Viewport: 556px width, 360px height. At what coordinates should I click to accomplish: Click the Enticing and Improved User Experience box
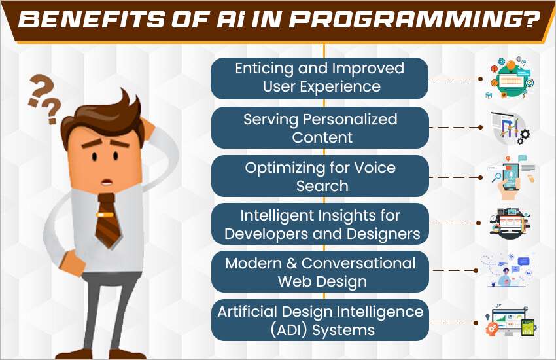pyautogui.click(x=319, y=79)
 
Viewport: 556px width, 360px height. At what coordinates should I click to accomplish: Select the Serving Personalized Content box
pyautogui.click(x=320, y=128)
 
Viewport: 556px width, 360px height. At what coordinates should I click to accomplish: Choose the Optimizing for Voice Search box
pyautogui.click(x=320, y=176)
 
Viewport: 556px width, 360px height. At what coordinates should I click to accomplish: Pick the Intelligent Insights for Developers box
pyautogui.click(x=320, y=224)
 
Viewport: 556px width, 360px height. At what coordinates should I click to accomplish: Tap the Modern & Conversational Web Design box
pyautogui.click(x=320, y=272)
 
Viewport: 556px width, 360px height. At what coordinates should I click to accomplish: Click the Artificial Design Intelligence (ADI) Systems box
pyautogui.click(x=320, y=320)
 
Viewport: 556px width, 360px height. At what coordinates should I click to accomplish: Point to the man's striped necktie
pyautogui.click(x=107, y=221)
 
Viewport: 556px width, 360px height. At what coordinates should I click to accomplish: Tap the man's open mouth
pyautogui.click(x=107, y=183)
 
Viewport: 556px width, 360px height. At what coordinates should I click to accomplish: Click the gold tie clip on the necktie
pyautogui.click(x=105, y=215)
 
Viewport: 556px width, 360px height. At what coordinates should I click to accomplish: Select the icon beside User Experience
pyautogui.click(x=510, y=78)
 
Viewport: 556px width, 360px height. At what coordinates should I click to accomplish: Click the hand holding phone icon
pyautogui.click(x=511, y=177)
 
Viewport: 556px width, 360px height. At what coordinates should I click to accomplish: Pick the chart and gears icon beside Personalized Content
pyautogui.click(x=510, y=128)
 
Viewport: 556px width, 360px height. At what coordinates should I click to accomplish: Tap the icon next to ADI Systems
pyautogui.click(x=510, y=321)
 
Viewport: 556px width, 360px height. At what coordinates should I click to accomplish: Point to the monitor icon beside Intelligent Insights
pyautogui.click(x=510, y=223)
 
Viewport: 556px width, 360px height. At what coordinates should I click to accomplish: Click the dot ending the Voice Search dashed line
pyautogui.click(x=481, y=177)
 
